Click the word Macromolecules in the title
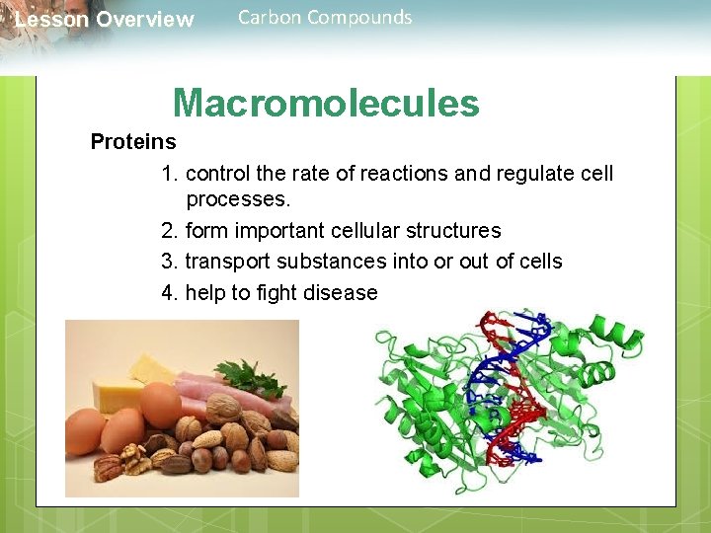pyautogui.click(x=326, y=103)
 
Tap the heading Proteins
pyautogui.click(x=133, y=142)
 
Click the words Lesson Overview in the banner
pyautogui.click(x=105, y=20)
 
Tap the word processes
pyautogui.click(x=238, y=199)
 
